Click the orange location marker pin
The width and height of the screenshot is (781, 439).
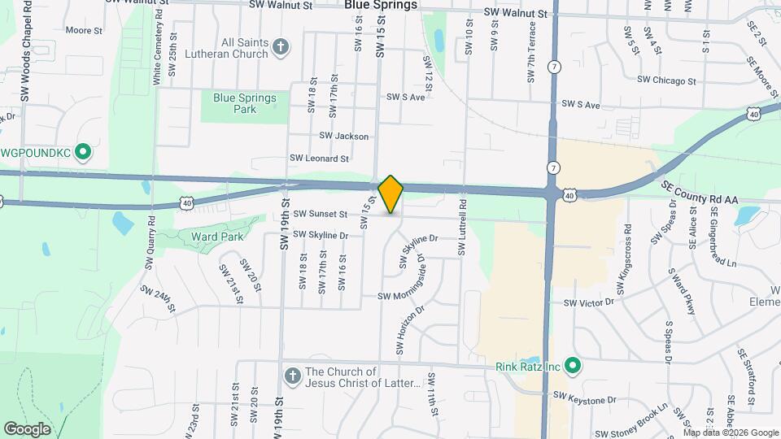tap(391, 194)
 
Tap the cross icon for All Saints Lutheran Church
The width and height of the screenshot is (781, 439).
tap(280, 46)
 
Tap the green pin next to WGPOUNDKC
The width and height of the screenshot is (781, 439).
tap(82, 152)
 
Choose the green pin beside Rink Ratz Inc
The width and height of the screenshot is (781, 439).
tap(573, 367)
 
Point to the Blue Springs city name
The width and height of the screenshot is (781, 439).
tap(381, 5)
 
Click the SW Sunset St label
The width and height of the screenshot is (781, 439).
tap(321, 215)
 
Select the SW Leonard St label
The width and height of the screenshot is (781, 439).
tap(319, 159)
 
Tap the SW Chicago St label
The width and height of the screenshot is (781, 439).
tap(666, 80)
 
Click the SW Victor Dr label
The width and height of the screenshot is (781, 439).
tap(593, 302)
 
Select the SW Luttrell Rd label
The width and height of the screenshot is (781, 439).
tap(462, 230)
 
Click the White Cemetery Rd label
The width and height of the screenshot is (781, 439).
tap(156, 50)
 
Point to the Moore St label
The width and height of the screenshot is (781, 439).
tap(83, 31)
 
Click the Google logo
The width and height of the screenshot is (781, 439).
tap(27, 429)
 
